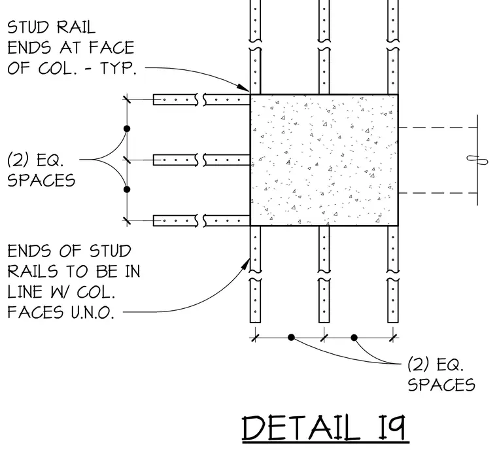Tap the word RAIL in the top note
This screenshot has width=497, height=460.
[76, 27]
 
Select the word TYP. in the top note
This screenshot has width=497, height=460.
[118, 68]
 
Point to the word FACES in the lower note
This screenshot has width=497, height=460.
[35, 313]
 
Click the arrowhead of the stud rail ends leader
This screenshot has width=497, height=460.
[244, 87]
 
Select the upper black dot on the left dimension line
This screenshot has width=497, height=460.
[127, 128]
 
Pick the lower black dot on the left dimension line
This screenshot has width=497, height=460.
[127, 189]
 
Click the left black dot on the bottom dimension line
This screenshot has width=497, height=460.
[291, 338]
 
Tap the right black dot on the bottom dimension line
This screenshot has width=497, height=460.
[354, 338]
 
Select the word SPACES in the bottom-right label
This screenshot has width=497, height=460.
[441, 385]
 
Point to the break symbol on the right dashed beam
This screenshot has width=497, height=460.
[477, 160]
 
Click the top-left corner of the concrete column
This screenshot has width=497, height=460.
[250, 94]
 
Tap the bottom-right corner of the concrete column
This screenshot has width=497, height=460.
[398, 226]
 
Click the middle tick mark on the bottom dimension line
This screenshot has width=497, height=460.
[324, 338]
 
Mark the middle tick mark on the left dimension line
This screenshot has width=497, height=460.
[127, 160]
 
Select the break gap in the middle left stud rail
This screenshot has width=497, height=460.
[200, 160]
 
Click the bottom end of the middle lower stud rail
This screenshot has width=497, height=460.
[324, 323]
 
